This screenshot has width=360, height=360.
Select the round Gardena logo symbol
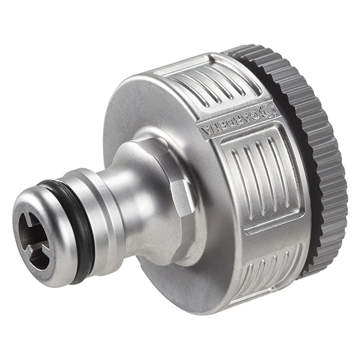[267, 111]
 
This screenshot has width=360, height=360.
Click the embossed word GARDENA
[230, 122]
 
